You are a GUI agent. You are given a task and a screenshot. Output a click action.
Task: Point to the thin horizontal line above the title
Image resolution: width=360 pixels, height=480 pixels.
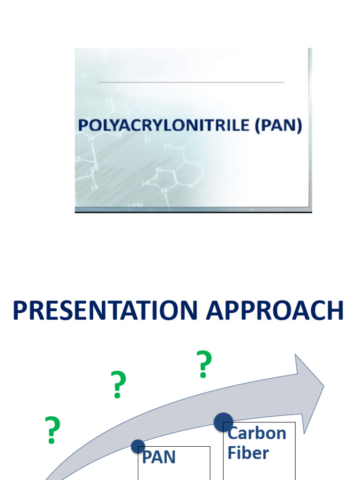(191, 82)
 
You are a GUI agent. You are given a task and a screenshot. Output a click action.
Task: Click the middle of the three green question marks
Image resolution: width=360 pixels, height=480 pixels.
(118, 385)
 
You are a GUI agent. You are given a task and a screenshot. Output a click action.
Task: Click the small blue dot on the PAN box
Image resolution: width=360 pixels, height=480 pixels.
(138, 447)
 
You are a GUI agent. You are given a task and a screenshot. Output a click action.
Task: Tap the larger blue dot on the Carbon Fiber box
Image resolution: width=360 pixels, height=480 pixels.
(224, 422)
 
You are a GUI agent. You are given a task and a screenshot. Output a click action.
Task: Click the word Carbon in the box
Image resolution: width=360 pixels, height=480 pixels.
(256, 433)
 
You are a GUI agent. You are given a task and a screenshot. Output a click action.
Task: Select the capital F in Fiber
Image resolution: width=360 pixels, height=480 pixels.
(232, 453)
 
